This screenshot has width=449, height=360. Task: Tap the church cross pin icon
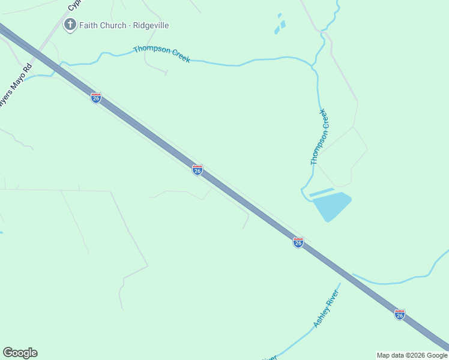(x=70, y=25)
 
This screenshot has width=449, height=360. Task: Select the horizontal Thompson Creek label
(x=161, y=54)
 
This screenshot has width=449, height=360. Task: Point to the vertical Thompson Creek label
(x=319, y=137)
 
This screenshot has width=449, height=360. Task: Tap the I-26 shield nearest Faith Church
(x=96, y=98)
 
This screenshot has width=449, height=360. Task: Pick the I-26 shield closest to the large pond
(x=298, y=242)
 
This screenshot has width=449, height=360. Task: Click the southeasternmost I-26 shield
(x=400, y=314)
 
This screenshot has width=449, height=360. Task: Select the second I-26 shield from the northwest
(x=197, y=170)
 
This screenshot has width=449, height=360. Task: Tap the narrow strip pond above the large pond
(x=321, y=193)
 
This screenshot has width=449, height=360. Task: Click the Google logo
(x=20, y=353)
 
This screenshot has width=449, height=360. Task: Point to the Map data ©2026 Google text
(x=412, y=355)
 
